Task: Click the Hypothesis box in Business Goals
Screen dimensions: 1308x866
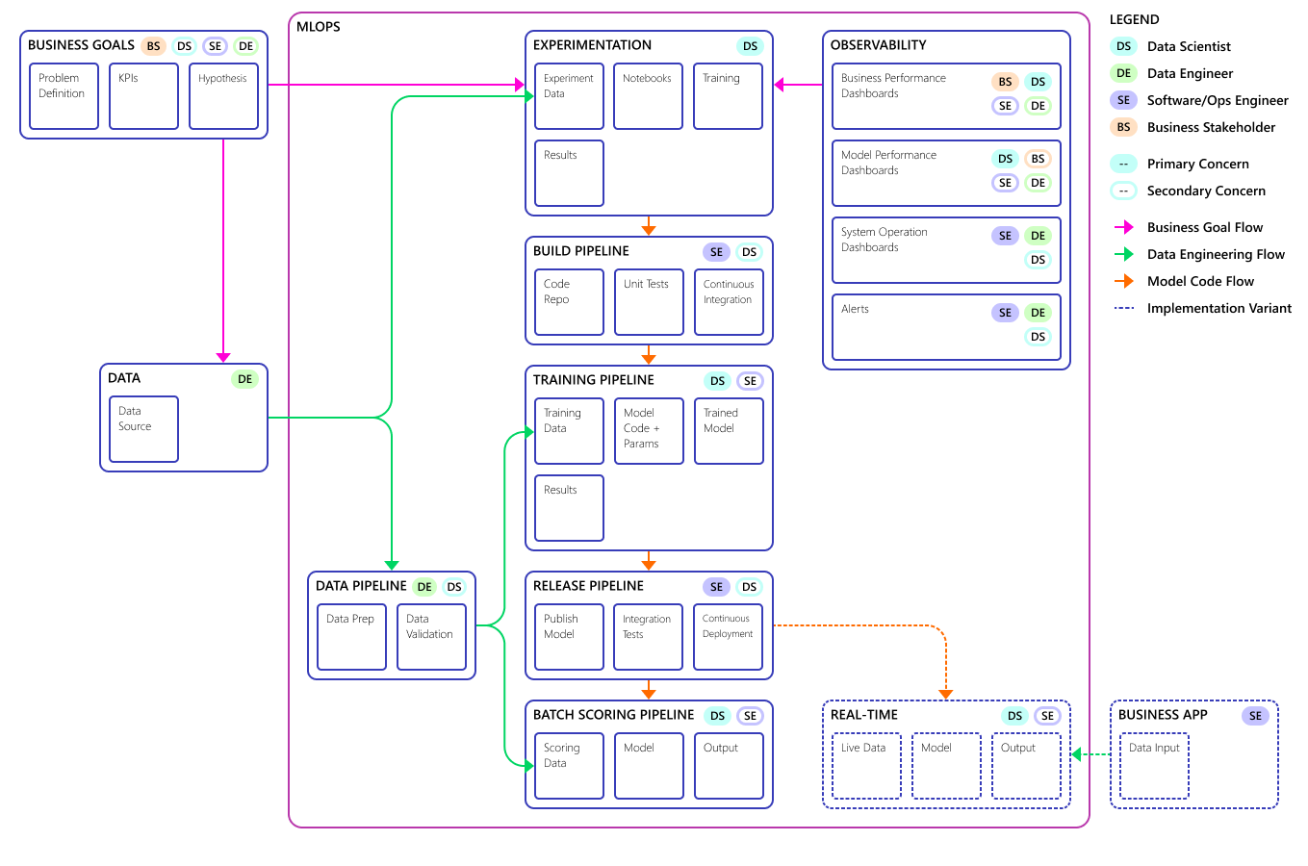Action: pyautogui.click(x=223, y=96)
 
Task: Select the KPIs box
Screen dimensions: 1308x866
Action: pyautogui.click(x=143, y=96)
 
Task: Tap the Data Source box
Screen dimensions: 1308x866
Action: pyautogui.click(x=143, y=429)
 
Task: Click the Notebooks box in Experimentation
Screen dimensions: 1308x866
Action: pyautogui.click(x=648, y=96)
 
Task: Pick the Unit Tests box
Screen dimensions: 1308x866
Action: pyautogui.click(x=649, y=302)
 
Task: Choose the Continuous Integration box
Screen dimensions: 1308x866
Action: pyautogui.click(x=729, y=302)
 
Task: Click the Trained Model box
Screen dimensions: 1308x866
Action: pyautogui.click(x=729, y=431)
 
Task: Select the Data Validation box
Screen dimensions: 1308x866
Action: pyautogui.click(x=431, y=637)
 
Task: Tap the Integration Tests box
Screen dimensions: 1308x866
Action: pyautogui.click(x=648, y=637)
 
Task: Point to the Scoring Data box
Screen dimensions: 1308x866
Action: pyautogui.click(x=570, y=766)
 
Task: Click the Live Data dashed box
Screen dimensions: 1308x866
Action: pyautogui.click(x=866, y=766)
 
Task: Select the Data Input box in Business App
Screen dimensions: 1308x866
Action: pyautogui.click(x=1154, y=766)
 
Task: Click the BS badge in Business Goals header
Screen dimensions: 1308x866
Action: pyautogui.click(x=154, y=46)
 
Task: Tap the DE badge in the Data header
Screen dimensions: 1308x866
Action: pyautogui.click(x=244, y=379)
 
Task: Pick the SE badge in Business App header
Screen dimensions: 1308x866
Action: pyautogui.click(x=1255, y=716)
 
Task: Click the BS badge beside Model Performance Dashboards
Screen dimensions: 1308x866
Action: pyautogui.click(x=1038, y=159)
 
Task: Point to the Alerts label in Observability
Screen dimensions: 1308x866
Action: pyautogui.click(x=855, y=309)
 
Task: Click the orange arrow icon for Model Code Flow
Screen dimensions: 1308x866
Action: pyautogui.click(x=1124, y=282)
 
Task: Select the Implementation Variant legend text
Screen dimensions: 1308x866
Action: pyautogui.click(x=1219, y=308)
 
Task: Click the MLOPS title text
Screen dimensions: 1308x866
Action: pyautogui.click(x=319, y=27)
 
